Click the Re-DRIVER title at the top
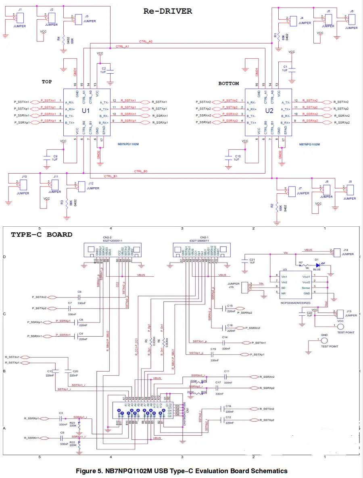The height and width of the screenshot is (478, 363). (x=168, y=11)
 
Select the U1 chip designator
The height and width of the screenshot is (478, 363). (x=86, y=110)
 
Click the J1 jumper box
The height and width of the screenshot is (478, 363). (x=21, y=18)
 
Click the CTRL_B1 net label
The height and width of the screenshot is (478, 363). (x=111, y=176)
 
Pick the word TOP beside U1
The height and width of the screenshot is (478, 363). (x=47, y=82)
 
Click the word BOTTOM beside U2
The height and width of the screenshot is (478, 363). (x=229, y=84)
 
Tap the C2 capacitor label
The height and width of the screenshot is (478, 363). (x=104, y=68)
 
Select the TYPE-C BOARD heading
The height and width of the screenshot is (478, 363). (x=42, y=234)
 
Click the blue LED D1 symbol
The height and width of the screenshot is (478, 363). (x=319, y=265)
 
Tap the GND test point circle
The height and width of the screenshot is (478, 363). (x=323, y=341)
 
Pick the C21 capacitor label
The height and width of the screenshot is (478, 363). (x=252, y=260)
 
